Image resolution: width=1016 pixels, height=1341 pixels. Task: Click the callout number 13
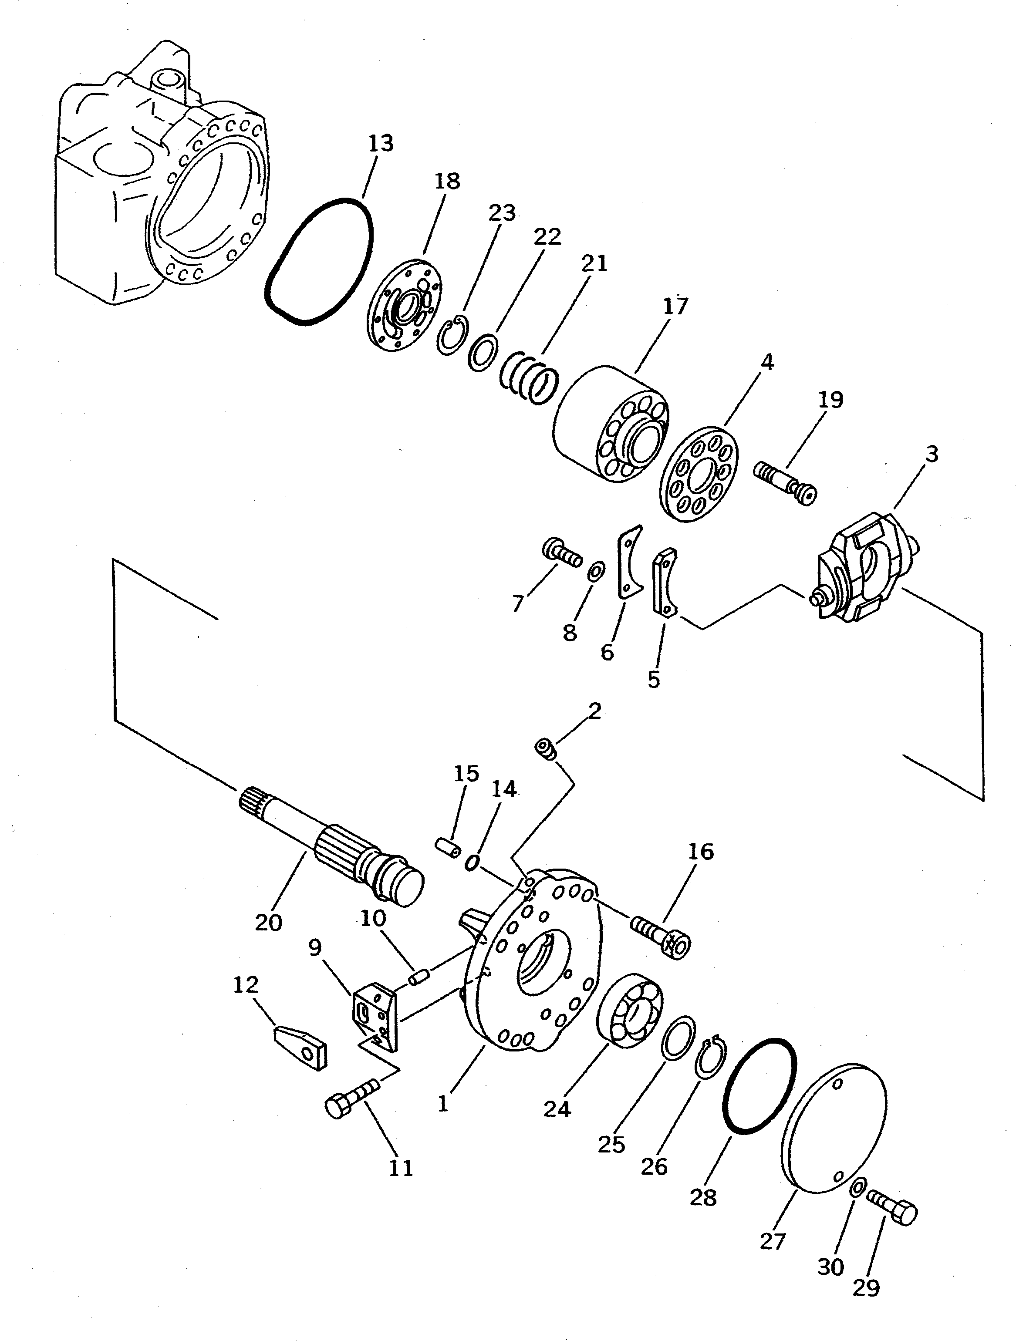[381, 144]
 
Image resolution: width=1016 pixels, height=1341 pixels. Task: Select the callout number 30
[830, 1267]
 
